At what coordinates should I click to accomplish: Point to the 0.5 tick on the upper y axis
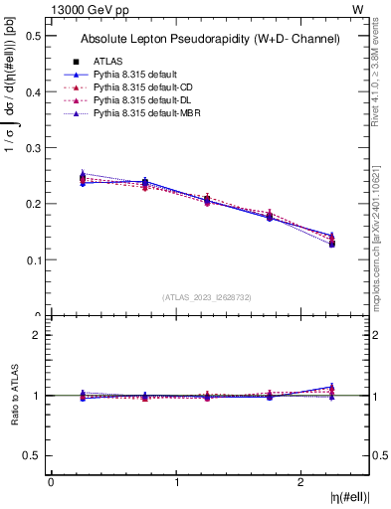point(35,36)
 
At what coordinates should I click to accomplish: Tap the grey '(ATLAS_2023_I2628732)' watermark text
point(208,296)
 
